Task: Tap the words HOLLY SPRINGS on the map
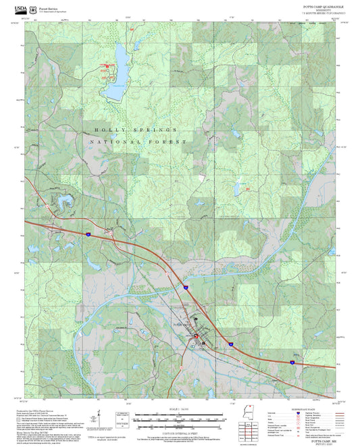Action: tap(135, 129)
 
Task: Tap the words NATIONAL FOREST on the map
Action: tap(138, 142)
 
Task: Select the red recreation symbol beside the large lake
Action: tap(105, 66)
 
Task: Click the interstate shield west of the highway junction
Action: tap(88, 234)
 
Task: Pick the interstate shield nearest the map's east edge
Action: tap(292, 362)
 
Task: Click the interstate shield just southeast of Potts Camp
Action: tap(230, 344)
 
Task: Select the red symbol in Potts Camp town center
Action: tap(197, 335)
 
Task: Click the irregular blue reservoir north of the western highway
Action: tap(66, 201)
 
